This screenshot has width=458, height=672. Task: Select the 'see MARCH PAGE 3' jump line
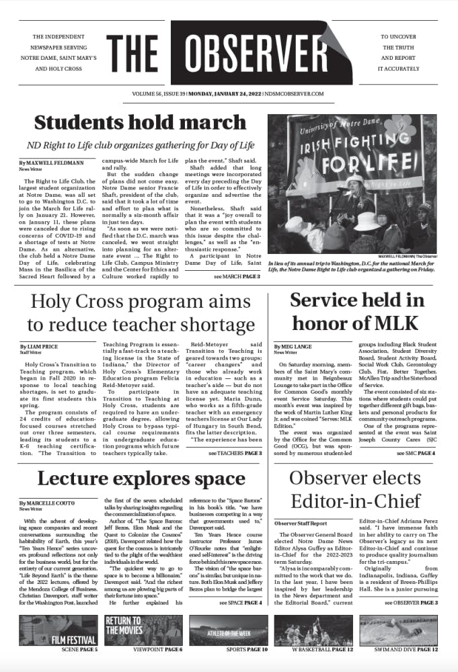click(x=237, y=276)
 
